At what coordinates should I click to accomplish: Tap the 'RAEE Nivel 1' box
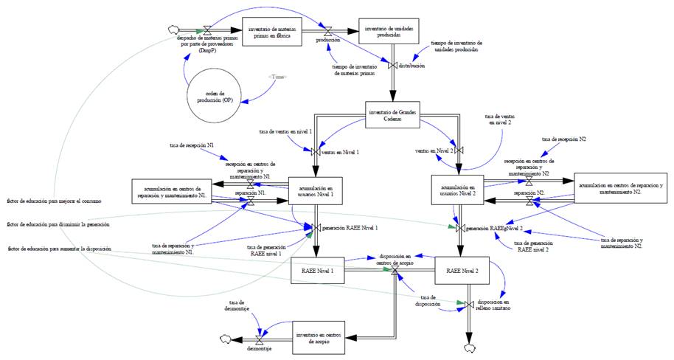(x=319, y=271)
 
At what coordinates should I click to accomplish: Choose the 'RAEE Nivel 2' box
(x=462, y=271)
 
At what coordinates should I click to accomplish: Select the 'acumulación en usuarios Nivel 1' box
(x=317, y=190)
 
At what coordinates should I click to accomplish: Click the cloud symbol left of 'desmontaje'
(x=226, y=339)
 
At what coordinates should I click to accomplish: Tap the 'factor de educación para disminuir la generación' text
(x=58, y=224)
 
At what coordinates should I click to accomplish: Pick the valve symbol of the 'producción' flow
(x=329, y=30)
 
